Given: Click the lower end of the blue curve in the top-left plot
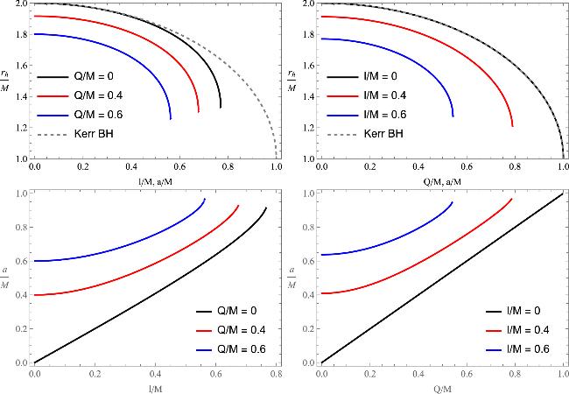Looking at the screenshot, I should pos(170,118).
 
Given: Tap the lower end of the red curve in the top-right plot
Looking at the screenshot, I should pos(513,127).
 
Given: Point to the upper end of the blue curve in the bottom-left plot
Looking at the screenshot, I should pos(205,199).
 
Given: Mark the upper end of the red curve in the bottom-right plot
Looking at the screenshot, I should pos(511,199).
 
